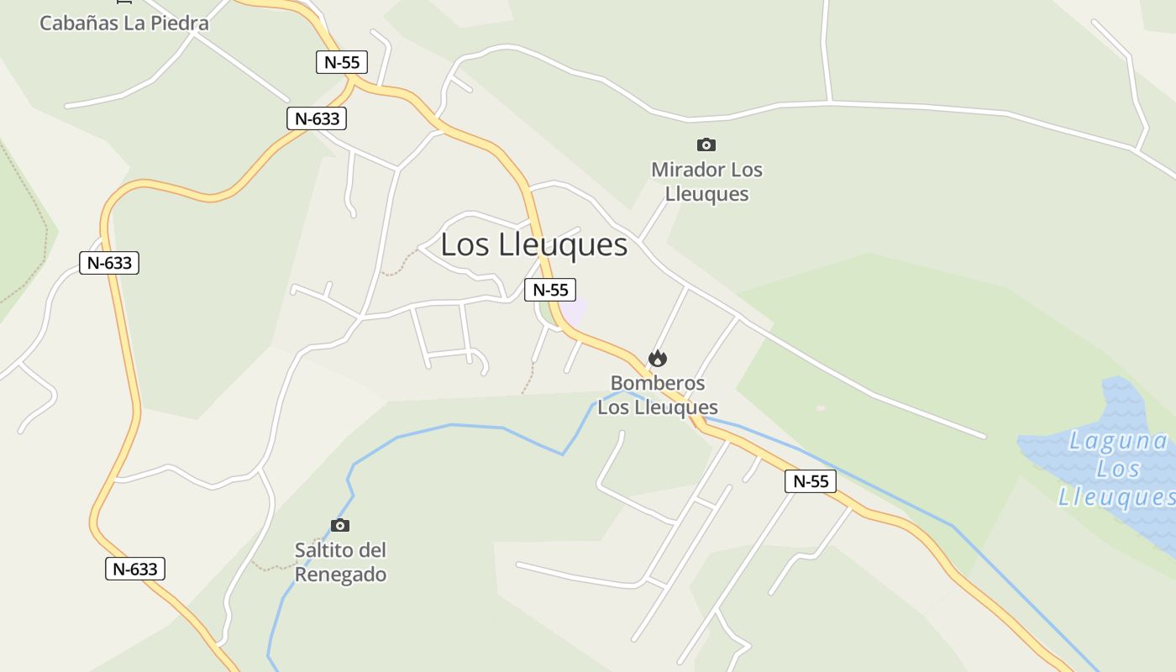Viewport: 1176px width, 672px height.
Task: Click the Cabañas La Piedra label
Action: pyautogui.click(x=123, y=23)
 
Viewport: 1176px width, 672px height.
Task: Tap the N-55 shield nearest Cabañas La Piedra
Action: pyautogui.click(x=342, y=61)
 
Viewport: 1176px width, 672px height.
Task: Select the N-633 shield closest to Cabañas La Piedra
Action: pyautogui.click(x=317, y=118)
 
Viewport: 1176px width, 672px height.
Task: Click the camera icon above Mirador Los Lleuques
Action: pyautogui.click(x=706, y=144)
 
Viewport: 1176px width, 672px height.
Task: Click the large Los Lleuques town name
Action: pyautogui.click(x=533, y=244)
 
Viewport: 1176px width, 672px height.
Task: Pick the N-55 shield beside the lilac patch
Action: pyautogui.click(x=550, y=290)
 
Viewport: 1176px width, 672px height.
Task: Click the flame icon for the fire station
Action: pyautogui.click(x=658, y=359)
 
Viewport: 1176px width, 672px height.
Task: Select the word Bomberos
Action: pyautogui.click(x=658, y=383)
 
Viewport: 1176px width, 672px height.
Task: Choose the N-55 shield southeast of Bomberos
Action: pyautogui.click(x=811, y=481)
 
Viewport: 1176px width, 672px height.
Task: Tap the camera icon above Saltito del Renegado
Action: pyautogui.click(x=340, y=525)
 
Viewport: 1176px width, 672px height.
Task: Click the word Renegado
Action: pyautogui.click(x=340, y=575)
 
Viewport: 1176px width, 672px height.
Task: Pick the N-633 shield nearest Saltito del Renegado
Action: pyautogui.click(x=135, y=569)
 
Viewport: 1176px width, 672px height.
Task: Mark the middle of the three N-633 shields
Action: pyautogui.click(x=109, y=263)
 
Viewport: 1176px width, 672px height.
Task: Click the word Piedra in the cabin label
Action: pyautogui.click(x=180, y=23)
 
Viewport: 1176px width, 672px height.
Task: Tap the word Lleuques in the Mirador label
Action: pyautogui.click(x=706, y=194)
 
